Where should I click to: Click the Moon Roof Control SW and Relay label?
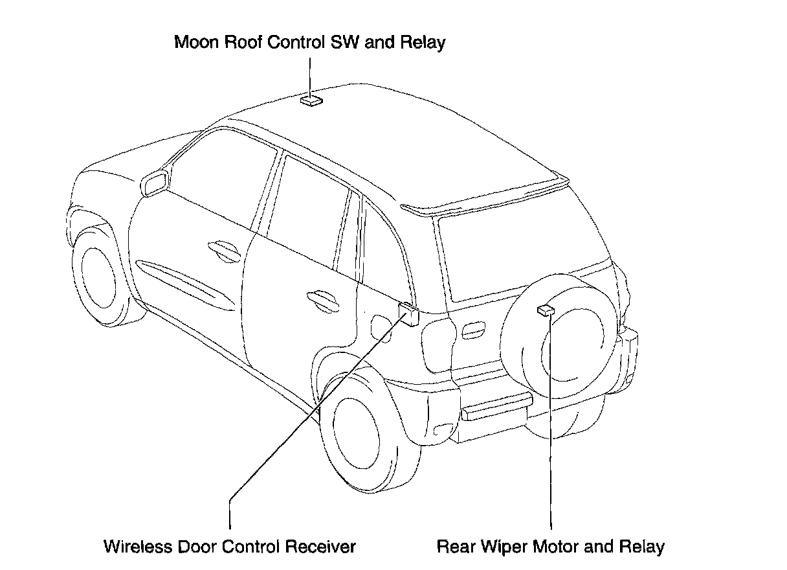point(310,43)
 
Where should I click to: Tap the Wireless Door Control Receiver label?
point(230,546)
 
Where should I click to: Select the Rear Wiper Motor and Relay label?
point(551,546)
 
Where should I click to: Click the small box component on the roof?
point(311,100)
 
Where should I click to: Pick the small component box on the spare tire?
point(546,310)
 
